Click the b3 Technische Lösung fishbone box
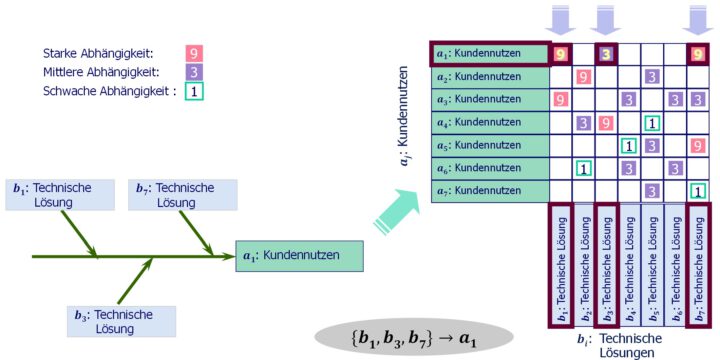[x=120, y=321]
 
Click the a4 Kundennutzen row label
[x=489, y=122]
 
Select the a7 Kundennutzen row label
[x=489, y=190]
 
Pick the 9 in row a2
[x=583, y=76]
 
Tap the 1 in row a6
[x=583, y=168]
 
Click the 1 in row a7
[x=698, y=190]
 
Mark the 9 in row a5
[x=698, y=145]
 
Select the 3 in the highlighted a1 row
[x=606, y=53]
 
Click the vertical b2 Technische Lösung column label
[x=583, y=262]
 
